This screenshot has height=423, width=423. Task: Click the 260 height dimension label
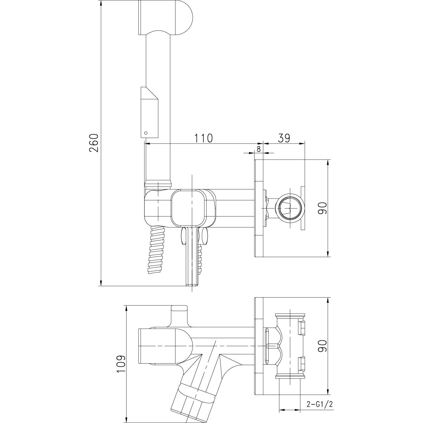pos(94,143)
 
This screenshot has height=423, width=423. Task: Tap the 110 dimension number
pos(203,138)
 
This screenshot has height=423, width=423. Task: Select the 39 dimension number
pos(283,138)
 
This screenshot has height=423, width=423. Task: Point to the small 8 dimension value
pos(259,149)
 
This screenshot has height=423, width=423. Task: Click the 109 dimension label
pos(121,364)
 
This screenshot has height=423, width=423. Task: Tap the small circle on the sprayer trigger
pos(146,133)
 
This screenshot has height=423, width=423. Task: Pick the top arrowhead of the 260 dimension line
pos(101,3)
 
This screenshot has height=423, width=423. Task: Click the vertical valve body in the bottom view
pos(290,346)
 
